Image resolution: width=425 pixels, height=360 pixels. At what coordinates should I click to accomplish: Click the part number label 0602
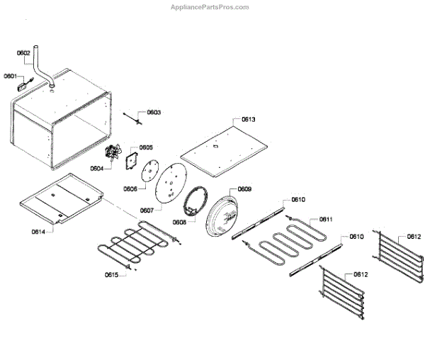tap(23, 52)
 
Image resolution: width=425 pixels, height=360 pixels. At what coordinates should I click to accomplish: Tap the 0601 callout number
tap(11, 75)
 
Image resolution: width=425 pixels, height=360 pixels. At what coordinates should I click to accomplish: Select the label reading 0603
tap(154, 113)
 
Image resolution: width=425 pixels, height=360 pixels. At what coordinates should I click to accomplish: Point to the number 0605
tap(146, 147)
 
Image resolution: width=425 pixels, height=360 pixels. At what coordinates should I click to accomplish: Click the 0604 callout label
tap(97, 168)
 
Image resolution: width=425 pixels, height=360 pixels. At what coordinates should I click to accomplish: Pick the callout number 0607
tap(147, 210)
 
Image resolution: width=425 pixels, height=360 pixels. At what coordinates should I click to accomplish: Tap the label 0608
tap(179, 222)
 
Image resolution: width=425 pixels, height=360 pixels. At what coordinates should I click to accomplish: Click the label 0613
tap(249, 120)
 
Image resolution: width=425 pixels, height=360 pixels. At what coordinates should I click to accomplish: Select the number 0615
tap(112, 274)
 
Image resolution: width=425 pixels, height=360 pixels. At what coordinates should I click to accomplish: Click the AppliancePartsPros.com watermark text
tap(210, 7)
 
